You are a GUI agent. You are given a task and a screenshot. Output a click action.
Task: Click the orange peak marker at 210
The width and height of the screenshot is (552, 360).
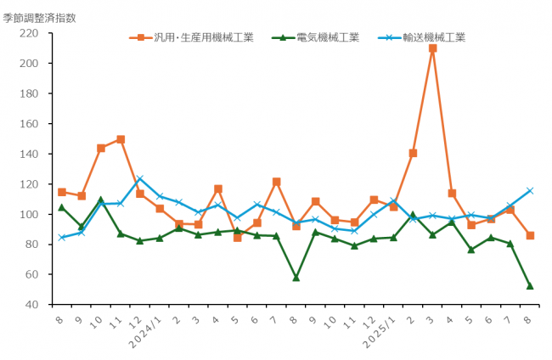432,48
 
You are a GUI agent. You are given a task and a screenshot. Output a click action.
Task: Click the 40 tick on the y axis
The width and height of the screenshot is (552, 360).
31,305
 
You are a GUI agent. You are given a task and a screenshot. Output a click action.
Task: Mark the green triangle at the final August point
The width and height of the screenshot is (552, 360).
530,285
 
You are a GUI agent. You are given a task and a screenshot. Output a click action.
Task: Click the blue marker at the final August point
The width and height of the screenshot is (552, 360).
530,191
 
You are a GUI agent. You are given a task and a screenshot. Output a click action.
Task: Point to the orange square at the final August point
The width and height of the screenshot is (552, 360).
530,235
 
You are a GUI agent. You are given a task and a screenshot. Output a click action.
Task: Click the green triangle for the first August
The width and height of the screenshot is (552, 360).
62,207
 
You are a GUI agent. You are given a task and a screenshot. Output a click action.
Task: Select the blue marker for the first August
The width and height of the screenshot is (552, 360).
62,238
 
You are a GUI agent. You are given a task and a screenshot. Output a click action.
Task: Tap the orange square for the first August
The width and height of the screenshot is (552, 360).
62,192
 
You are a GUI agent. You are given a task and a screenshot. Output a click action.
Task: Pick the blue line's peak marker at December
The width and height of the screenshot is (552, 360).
140,179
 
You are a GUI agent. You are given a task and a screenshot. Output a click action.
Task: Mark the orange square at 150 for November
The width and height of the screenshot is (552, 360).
121,139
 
